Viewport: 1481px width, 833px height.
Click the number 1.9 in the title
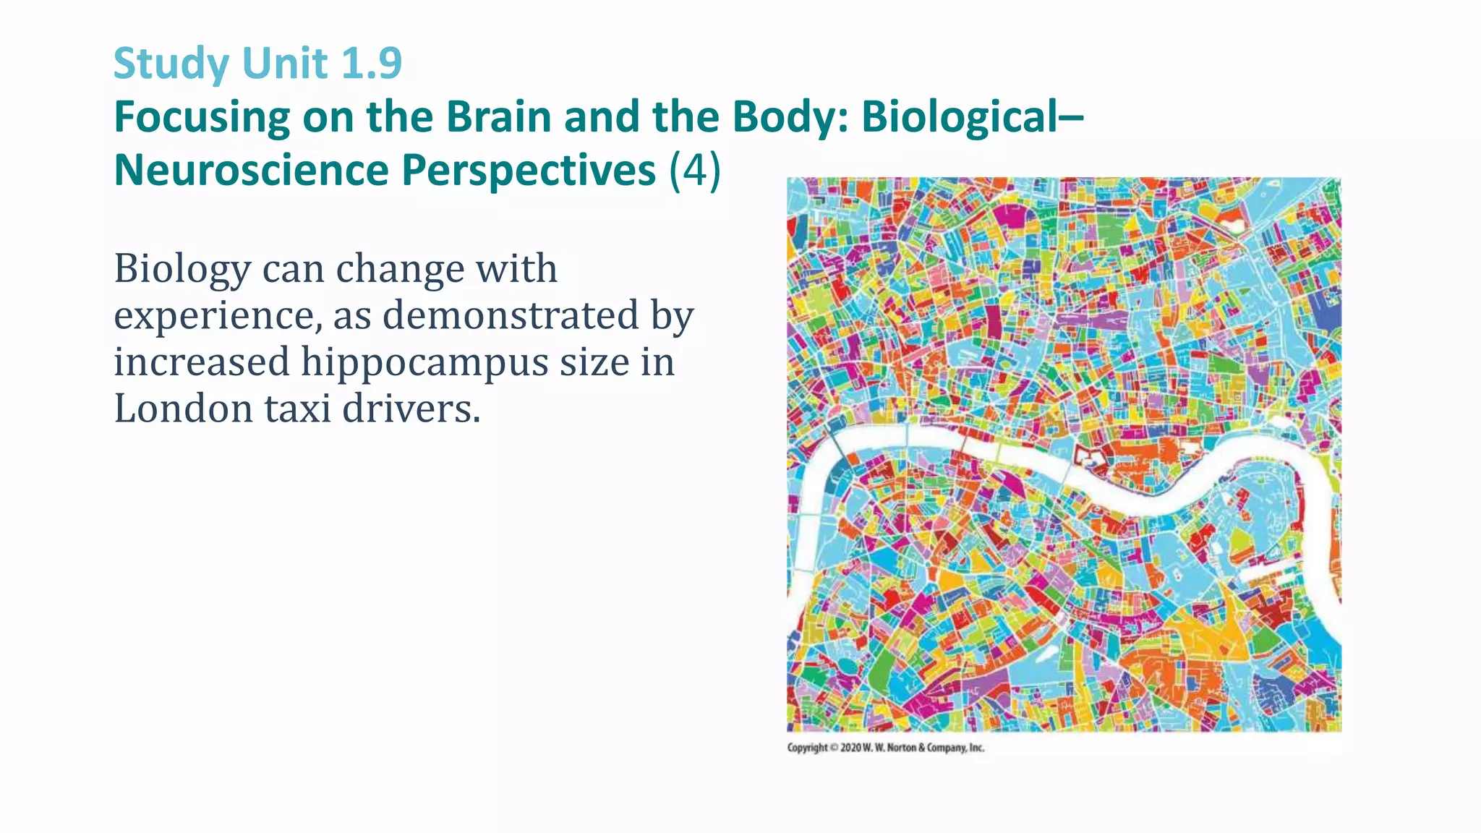(x=370, y=63)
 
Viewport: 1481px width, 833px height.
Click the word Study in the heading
(x=171, y=64)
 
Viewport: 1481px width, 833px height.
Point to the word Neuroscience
(x=251, y=171)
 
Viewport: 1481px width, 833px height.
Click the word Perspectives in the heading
(x=529, y=171)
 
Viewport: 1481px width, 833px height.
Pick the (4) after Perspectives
(x=695, y=171)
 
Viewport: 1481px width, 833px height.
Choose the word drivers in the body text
(x=410, y=409)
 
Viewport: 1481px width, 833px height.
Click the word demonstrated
(x=511, y=316)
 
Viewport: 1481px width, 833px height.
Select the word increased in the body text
(x=201, y=362)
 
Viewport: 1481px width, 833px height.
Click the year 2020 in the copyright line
(x=850, y=748)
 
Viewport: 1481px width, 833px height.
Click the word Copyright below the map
(x=807, y=748)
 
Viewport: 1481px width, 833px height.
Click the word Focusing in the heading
(x=202, y=118)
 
